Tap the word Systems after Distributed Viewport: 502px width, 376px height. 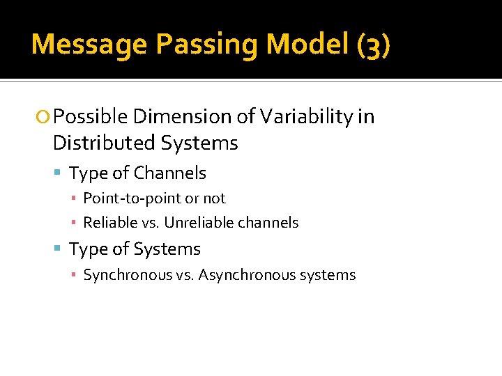tap(200, 143)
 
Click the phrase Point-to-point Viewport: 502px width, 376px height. tap(132, 198)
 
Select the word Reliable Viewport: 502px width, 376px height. tap(109, 223)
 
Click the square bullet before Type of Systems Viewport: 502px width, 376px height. tap(61, 249)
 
